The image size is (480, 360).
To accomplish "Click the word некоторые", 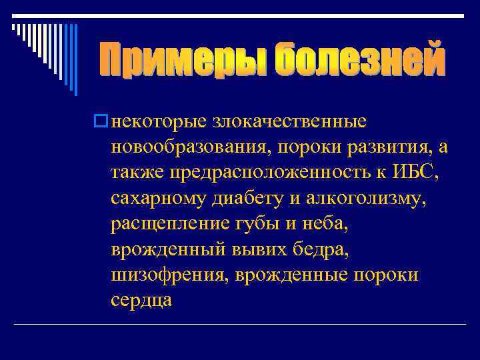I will pyautogui.click(x=160, y=122).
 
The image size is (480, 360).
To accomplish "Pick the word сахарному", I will pyautogui.click(x=155, y=199).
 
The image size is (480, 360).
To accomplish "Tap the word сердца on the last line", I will pyautogui.click(x=142, y=300).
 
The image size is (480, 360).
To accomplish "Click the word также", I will pyautogui.click(x=137, y=173).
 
